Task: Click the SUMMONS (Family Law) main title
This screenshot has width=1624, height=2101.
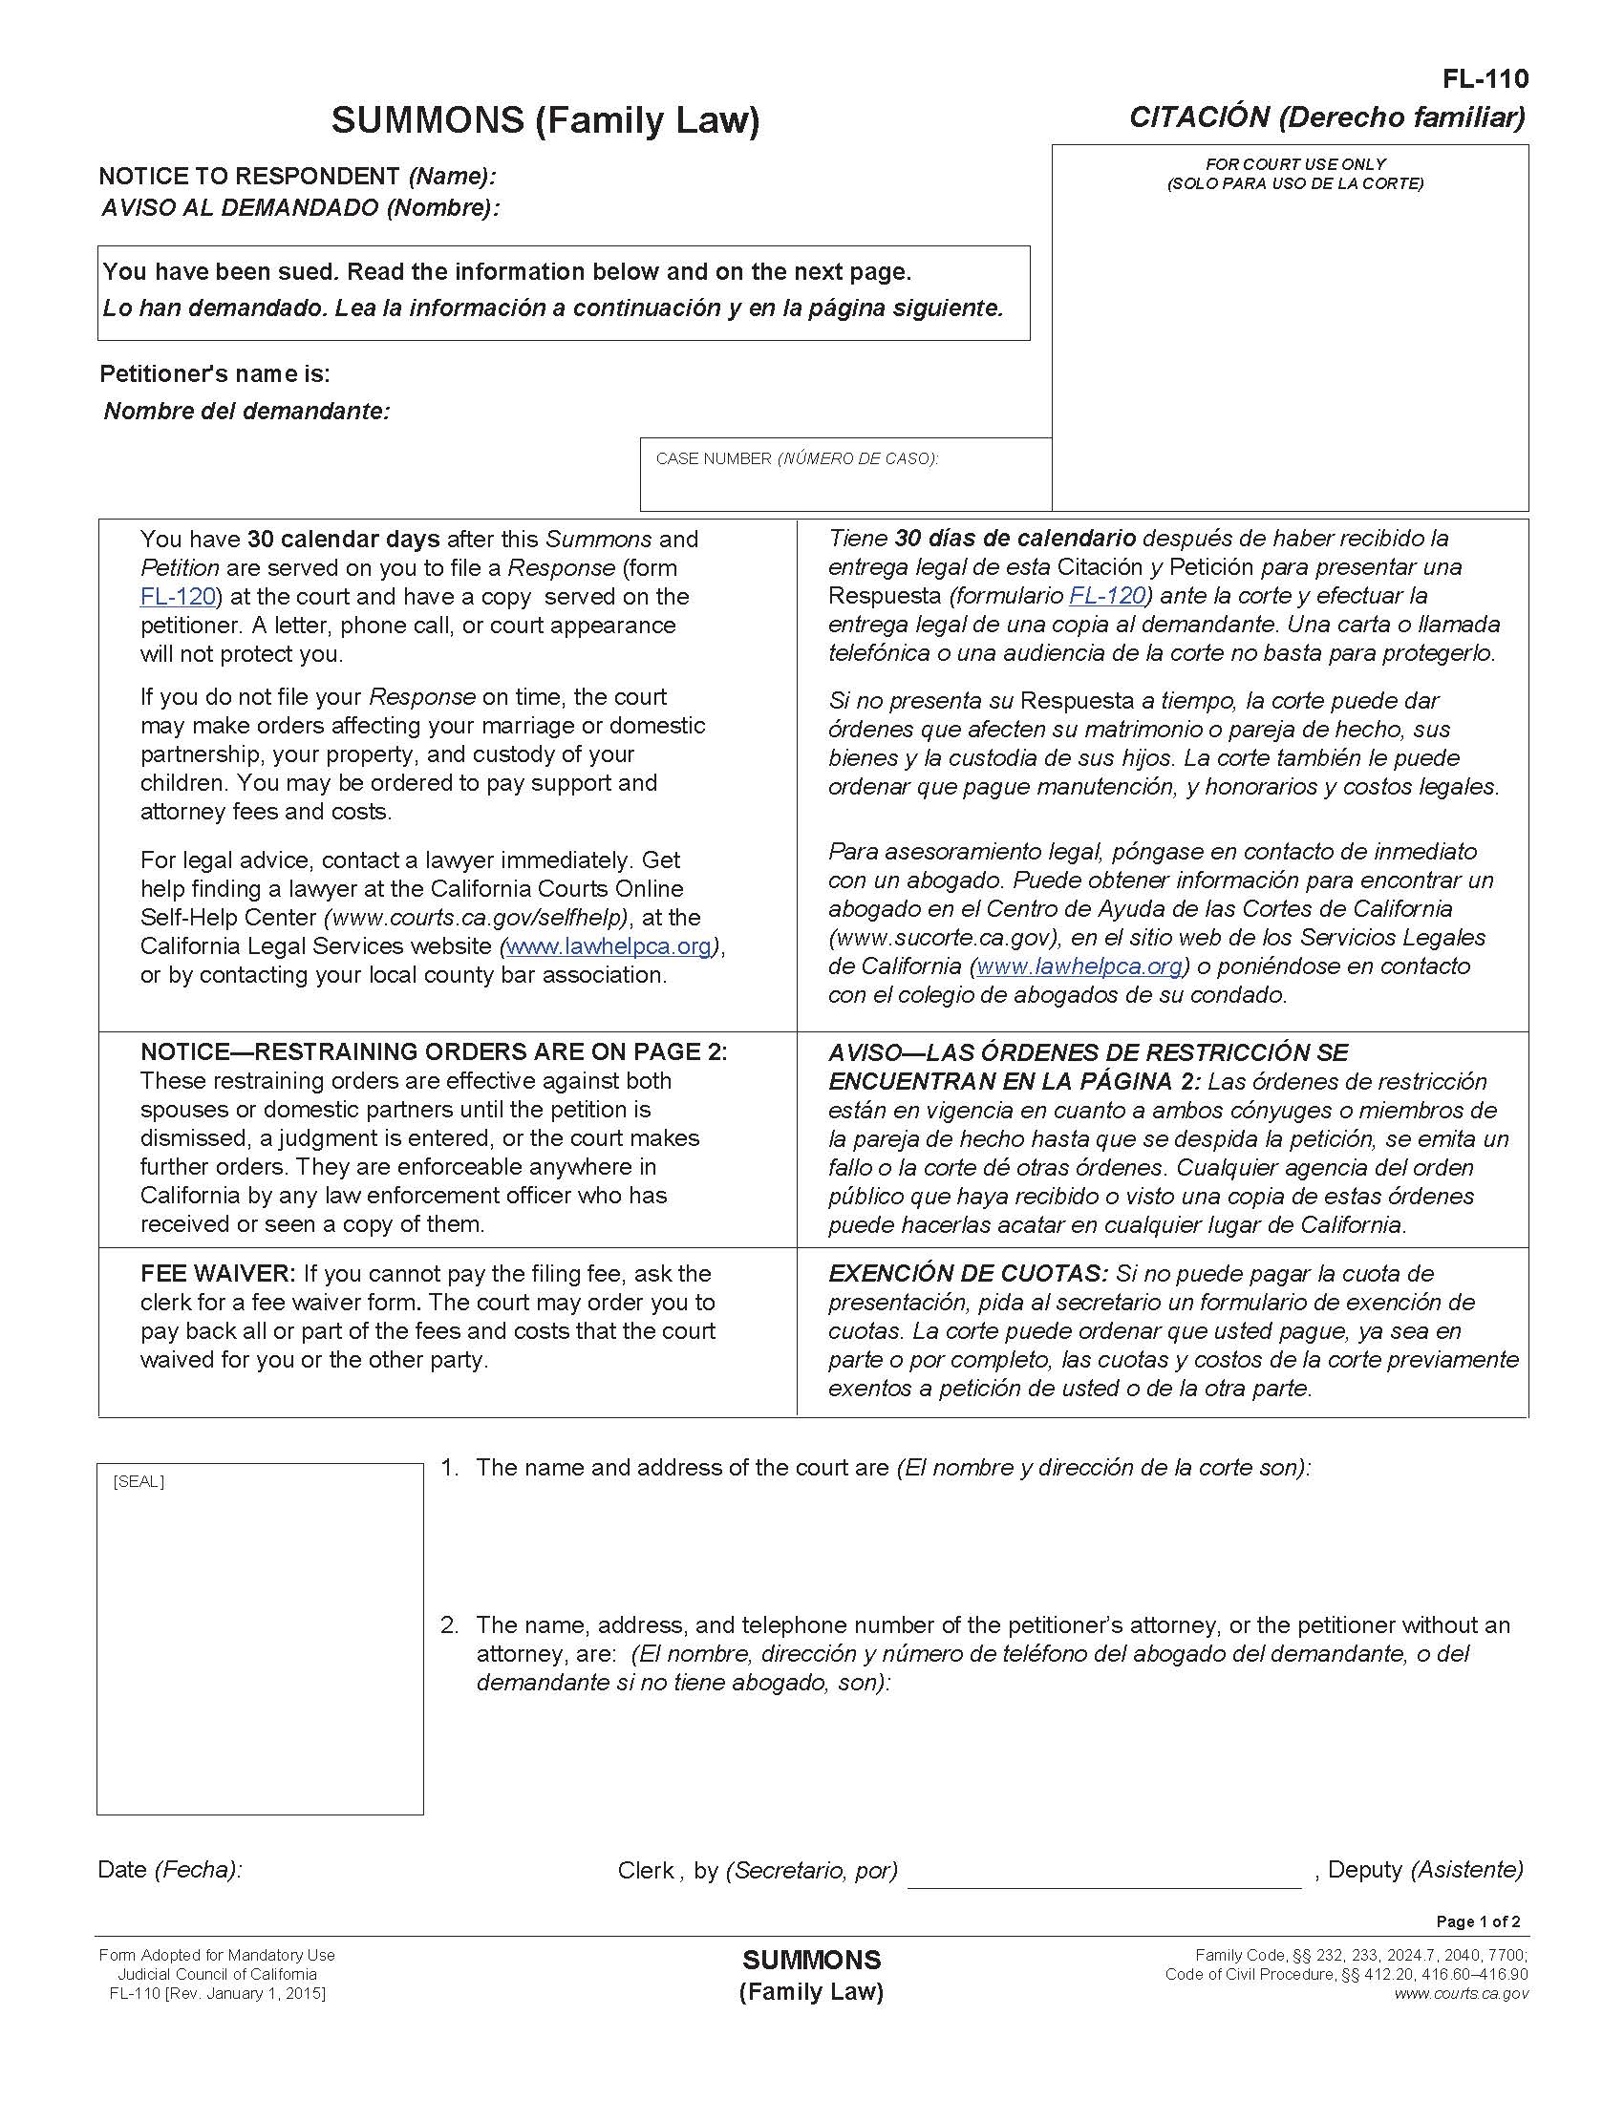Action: (x=545, y=121)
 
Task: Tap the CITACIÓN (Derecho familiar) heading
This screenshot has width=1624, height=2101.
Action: (x=1327, y=117)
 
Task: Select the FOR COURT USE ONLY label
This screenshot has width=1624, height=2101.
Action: (x=1295, y=164)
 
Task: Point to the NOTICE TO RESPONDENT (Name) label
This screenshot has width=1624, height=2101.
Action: (x=297, y=176)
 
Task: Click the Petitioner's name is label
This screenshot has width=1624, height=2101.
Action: (x=215, y=374)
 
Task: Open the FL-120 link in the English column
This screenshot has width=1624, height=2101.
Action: (x=178, y=597)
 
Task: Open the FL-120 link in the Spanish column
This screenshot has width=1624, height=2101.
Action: (x=1106, y=596)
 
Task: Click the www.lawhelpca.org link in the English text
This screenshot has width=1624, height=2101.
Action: (x=609, y=945)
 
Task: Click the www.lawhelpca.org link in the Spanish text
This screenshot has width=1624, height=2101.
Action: (x=1079, y=966)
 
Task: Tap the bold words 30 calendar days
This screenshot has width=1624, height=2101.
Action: (x=344, y=539)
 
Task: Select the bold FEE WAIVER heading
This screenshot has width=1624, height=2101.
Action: (x=219, y=1274)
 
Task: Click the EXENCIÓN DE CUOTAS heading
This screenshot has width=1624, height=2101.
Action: (x=968, y=1274)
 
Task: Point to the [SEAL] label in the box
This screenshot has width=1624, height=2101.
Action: (x=139, y=1481)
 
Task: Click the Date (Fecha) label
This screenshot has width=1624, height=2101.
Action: (x=169, y=1869)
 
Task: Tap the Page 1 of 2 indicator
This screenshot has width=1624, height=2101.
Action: (x=1478, y=1922)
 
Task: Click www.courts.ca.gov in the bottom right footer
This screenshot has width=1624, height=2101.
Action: (x=1461, y=1993)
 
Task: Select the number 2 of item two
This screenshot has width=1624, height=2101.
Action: (x=448, y=1625)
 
